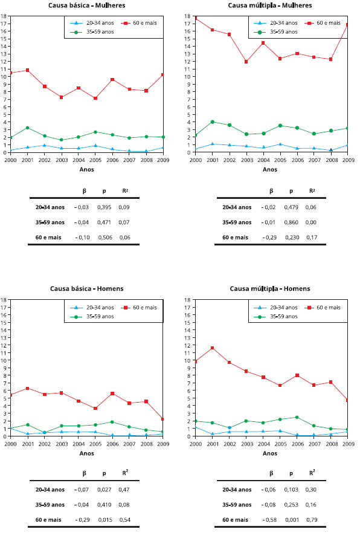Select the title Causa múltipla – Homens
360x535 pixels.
(270, 288)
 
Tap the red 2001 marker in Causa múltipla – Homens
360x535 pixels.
(212, 348)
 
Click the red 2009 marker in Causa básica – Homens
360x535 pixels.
(162, 419)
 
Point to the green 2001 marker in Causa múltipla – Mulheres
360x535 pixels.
(212, 122)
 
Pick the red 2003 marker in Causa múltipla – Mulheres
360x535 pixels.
(246, 62)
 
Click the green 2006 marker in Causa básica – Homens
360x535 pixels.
(112, 422)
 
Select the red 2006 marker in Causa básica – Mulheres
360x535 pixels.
(112, 80)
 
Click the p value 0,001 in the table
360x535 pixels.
(291, 520)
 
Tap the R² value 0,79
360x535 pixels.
(312, 520)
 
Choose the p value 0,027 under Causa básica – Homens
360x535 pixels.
(104, 489)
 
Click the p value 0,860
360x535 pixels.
(291, 222)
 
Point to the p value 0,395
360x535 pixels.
(104, 207)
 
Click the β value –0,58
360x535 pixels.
(269, 520)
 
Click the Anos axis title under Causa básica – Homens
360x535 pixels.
(86, 453)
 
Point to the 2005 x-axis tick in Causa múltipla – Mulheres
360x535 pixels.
(280, 160)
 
